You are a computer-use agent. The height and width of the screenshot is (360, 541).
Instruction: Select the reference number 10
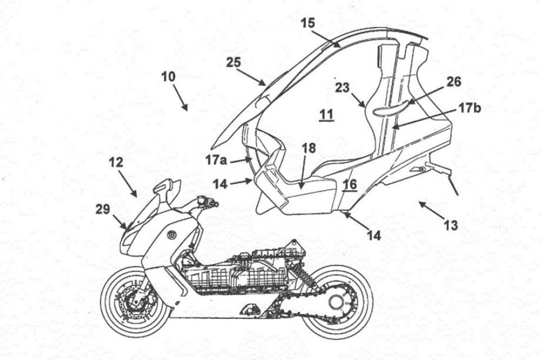tap(168, 77)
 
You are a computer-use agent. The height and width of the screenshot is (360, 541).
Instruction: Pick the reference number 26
tap(454, 82)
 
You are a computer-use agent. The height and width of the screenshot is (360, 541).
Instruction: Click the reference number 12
tap(116, 162)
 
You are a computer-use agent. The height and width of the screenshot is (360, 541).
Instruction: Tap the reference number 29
tap(103, 210)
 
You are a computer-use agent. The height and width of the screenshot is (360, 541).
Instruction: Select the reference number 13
tap(450, 226)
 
